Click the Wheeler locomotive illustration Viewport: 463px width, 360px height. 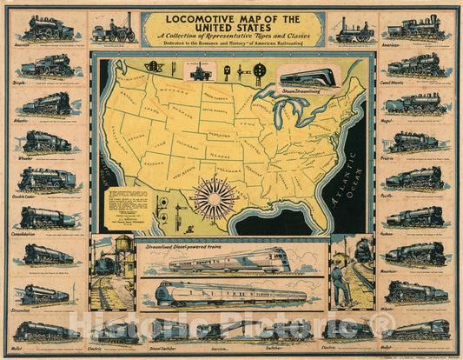point(47,141)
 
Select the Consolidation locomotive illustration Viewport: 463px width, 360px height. point(47,217)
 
